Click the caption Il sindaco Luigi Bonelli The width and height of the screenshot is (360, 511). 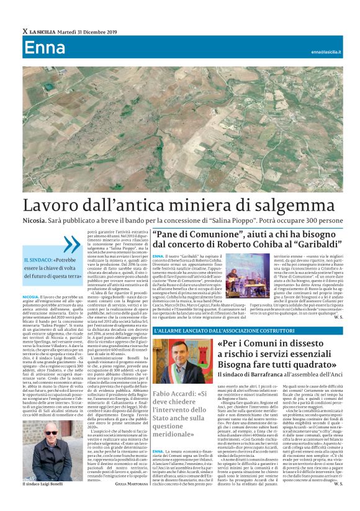pyautogui.click(x=47, y=482)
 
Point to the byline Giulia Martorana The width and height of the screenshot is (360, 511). pyautogui.click(x=128, y=483)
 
